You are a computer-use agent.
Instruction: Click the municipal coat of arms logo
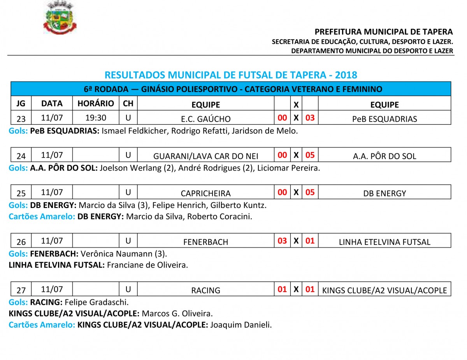click(60, 18)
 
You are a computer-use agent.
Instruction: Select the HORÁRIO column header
click(96, 104)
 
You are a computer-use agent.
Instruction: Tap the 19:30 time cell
click(96, 118)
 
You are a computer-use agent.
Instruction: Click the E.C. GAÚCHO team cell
click(205, 119)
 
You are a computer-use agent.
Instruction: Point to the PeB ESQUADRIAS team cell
click(384, 119)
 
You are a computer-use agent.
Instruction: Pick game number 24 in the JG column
click(21, 156)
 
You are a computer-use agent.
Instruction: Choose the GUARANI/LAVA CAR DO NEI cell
click(205, 156)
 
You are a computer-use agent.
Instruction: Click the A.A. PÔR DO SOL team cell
click(384, 156)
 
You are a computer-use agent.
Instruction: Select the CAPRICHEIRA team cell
click(205, 193)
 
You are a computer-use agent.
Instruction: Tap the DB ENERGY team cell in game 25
click(384, 193)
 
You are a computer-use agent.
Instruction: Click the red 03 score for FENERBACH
click(282, 241)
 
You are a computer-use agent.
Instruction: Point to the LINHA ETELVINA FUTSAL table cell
click(384, 242)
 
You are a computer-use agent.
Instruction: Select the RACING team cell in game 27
click(205, 290)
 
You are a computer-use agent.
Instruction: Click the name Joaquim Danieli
click(241, 325)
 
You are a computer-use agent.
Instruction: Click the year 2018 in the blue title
click(346, 75)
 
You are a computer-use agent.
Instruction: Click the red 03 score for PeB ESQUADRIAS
click(310, 118)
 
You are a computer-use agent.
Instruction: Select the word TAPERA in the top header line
click(439, 32)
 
